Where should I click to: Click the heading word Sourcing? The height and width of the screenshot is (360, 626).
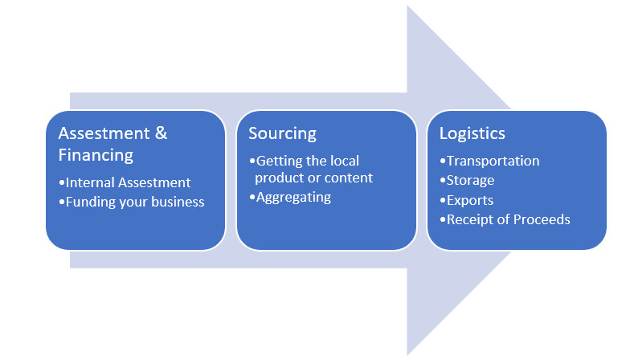[x=283, y=133]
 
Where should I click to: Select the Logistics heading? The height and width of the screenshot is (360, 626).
[x=473, y=133]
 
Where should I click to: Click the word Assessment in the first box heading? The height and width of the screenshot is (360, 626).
[x=104, y=133]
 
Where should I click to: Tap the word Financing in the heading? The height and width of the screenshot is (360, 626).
[x=96, y=154]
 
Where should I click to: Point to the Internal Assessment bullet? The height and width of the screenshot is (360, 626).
[x=128, y=182]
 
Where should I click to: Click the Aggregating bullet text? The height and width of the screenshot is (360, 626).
[x=293, y=197]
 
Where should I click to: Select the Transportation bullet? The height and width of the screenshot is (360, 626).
[x=493, y=161]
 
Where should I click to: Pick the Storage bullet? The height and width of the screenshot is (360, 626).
[x=470, y=180]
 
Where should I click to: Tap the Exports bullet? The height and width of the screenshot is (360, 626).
[x=470, y=200]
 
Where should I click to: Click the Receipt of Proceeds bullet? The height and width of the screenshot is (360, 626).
[x=508, y=219]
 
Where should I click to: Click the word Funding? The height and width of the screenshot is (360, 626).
[x=91, y=202]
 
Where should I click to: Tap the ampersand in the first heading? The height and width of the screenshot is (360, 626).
[x=160, y=133]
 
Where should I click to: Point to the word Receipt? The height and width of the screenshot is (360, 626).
[x=470, y=219]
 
